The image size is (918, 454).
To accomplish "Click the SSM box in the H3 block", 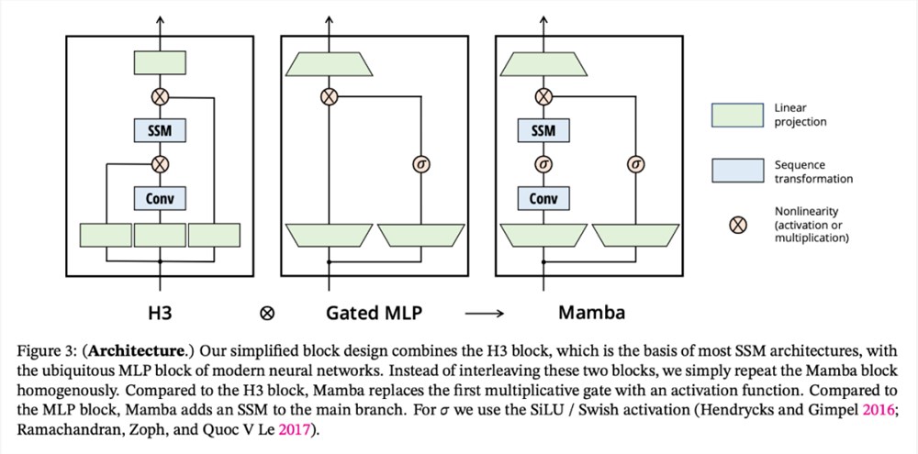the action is point(160,130).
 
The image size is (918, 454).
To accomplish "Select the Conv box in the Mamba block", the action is point(543,198).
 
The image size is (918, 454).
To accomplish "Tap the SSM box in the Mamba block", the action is point(543,130).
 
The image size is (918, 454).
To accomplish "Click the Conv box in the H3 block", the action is point(160,198).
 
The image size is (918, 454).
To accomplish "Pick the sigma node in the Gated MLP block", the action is point(421,165).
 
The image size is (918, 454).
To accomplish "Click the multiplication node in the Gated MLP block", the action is point(329,96).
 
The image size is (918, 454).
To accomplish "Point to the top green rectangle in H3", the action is point(160,62).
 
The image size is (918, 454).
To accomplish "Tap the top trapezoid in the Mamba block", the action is point(543,64).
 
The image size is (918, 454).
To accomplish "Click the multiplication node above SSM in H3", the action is point(160,96).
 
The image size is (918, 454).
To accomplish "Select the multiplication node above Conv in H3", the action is point(160,164).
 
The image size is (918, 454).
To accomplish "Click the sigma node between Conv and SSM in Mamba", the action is point(543,165).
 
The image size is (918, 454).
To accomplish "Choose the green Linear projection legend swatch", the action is point(737,116).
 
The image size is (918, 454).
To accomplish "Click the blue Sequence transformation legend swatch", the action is point(737,171).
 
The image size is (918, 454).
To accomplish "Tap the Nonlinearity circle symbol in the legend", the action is point(738,225).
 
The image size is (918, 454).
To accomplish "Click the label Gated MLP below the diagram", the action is point(374,313).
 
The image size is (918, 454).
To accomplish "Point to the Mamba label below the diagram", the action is point(591,313).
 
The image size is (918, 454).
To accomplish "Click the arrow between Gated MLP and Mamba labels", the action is point(484,314).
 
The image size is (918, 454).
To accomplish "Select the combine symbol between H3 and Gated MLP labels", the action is point(267,314).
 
